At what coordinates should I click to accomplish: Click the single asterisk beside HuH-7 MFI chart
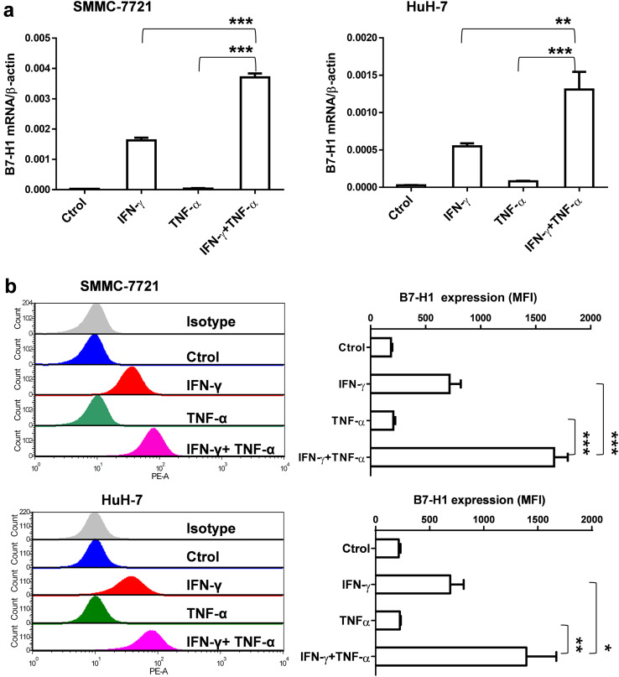pos(607,647)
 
